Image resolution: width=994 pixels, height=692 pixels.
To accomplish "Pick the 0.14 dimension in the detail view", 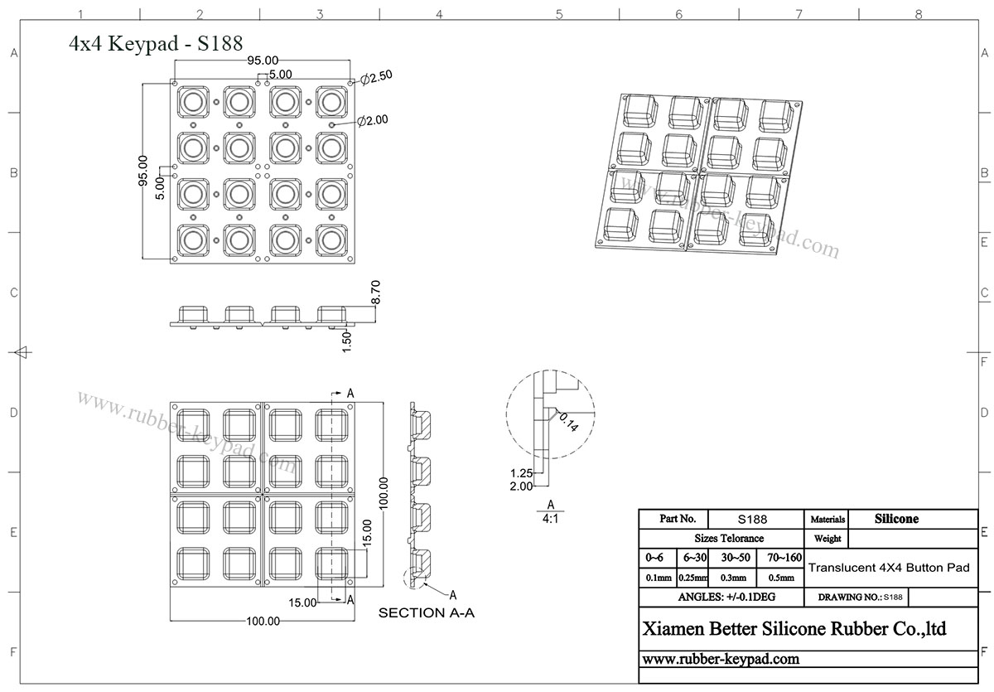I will (568, 421).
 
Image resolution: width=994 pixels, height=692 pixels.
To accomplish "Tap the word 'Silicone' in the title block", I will (896, 519).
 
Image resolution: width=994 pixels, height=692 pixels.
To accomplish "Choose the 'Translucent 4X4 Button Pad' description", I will (888, 568).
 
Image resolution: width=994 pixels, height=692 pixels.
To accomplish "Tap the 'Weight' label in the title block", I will (828, 539).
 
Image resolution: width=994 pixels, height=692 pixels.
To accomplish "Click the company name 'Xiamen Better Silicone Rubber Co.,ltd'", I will (794, 629).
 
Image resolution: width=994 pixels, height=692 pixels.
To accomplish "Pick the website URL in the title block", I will (721, 659).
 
